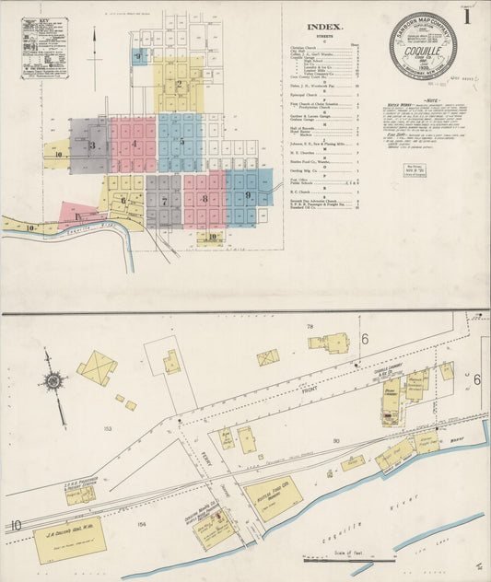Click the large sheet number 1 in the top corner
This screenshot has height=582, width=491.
[x=467, y=17]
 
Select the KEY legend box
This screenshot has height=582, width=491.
[x=43, y=46]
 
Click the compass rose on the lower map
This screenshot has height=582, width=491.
[x=54, y=380]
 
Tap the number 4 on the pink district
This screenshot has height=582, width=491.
[x=134, y=144]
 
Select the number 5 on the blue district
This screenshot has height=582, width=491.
[x=181, y=142]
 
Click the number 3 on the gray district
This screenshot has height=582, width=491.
[x=91, y=145]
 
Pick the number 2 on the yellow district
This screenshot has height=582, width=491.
[x=179, y=85]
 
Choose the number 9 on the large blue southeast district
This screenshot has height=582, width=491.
[x=248, y=196]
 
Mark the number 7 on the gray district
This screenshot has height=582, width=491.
[x=164, y=200]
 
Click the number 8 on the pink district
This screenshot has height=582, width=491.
[x=204, y=199]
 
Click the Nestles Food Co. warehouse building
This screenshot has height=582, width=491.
[x=274, y=497]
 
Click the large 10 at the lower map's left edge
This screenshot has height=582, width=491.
[x=17, y=525]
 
